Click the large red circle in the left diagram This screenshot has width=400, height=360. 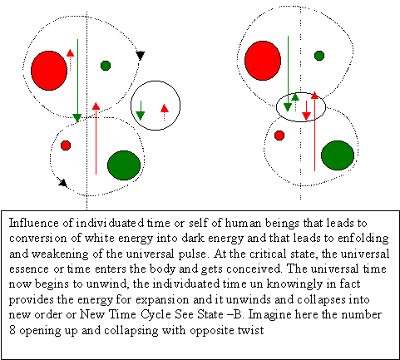coord(49,71)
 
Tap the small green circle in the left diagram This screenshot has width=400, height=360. coord(106,66)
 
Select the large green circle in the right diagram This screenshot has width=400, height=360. coord(338,155)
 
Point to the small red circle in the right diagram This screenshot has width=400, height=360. coord(279,136)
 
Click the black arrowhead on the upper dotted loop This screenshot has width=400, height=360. coord(141,56)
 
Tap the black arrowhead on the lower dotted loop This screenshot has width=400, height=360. coord(63,183)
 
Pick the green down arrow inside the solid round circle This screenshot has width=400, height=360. coord(141,111)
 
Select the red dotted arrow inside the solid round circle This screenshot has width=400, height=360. coord(165,112)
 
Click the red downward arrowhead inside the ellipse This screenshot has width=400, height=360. coord(306,116)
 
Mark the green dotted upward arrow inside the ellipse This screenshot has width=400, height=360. coord(295,102)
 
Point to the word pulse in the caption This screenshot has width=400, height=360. coord(192,254)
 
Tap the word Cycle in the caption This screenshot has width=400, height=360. coord(156,315)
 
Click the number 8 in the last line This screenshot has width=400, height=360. coord(12,330)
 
